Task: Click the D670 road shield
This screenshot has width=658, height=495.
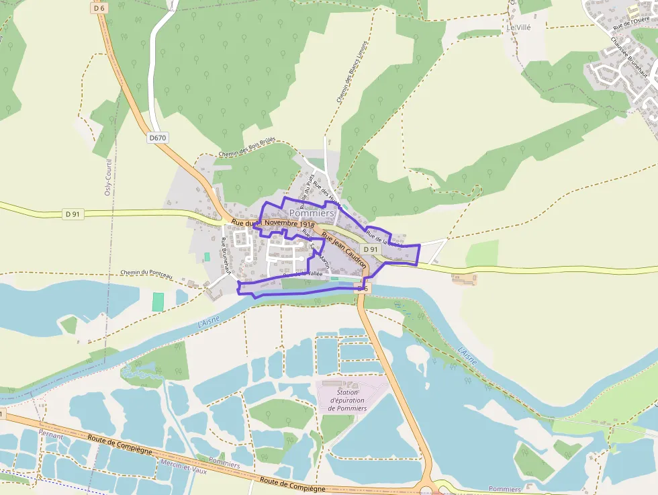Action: pyautogui.click(x=157, y=138)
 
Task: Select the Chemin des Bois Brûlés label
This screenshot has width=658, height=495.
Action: pyautogui.click(x=247, y=150)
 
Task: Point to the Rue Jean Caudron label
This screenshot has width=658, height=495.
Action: pyautogui.click(x=344, y=251)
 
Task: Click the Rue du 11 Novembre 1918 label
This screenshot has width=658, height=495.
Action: pyautogui.click(x=273, y=223)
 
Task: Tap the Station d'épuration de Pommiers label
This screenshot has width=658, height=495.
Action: pyautogui.click(x=347, y=400)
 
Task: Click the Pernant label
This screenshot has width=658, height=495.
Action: pyautogui.click(x=51, y=436)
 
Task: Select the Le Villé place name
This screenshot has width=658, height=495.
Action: pyautogui.click(x=520, y=28)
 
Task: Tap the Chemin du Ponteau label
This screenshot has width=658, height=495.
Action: pyautogui.click(x=147, y=273)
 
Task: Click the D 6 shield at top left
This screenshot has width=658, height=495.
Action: pyautogui.click(x=99, y=8)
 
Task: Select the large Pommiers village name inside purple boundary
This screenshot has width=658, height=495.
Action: pyautogui.click(x=312, y=213)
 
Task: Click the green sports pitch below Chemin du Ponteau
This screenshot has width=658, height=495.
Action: pyautogui.click(x=158, y=302)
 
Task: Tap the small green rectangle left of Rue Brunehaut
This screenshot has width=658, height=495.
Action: pyautogui.click(x=207, y=257)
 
